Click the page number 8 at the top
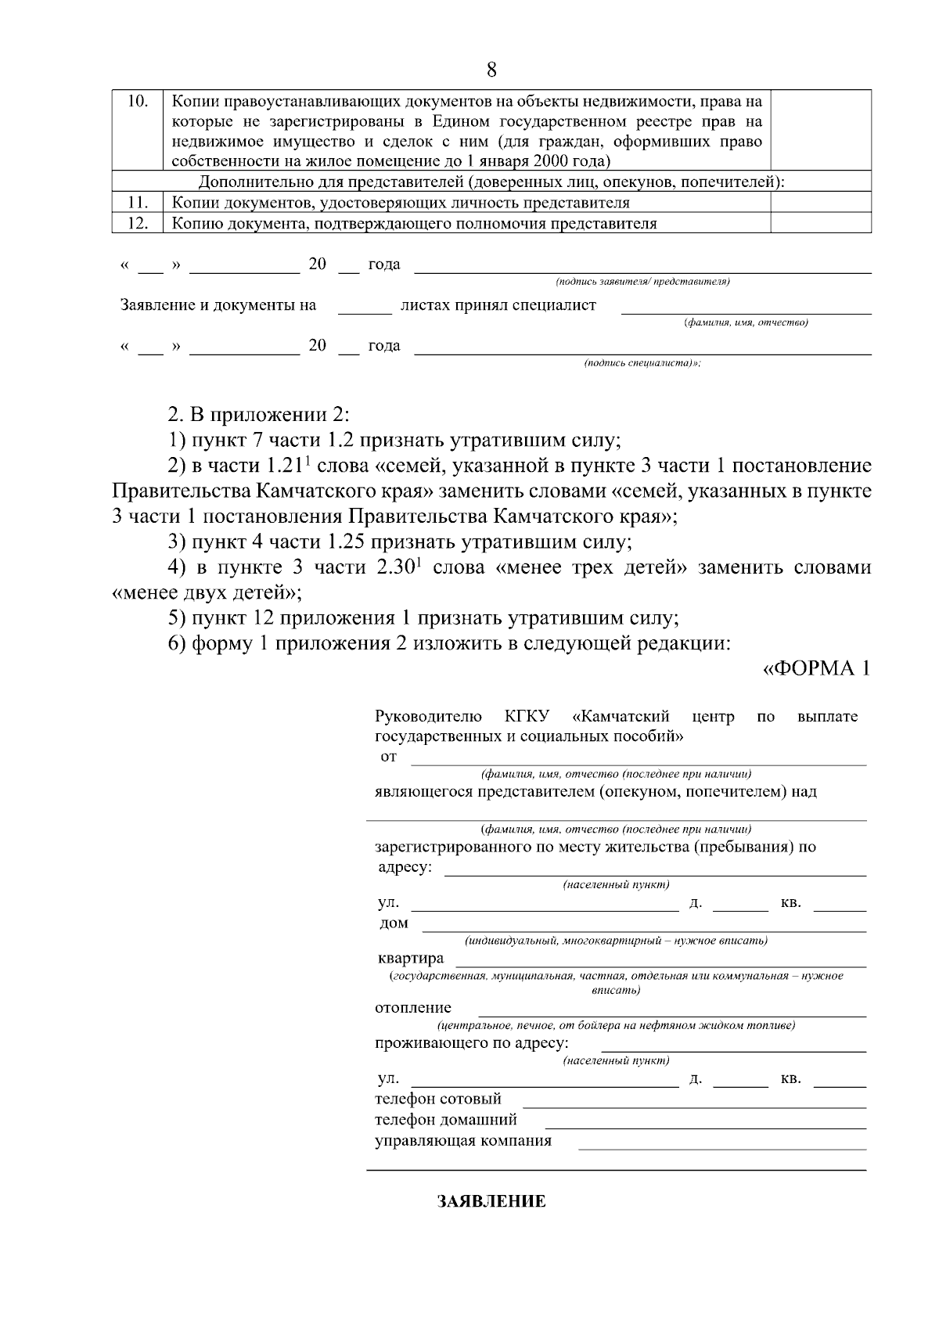[x=491, y=70]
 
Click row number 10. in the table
[x=137, y=102]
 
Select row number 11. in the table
[x=137, y=203]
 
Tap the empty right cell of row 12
[x=821, y=223]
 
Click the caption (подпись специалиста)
[x=642, y=364]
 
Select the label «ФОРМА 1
[x=816, y=669]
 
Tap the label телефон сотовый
[x=438, y=1099]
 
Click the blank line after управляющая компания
[x=721, y=1146]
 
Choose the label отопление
[x=413, y=1008]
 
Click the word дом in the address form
[x=394, y=923]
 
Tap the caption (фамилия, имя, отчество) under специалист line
[x=746, y=322]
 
